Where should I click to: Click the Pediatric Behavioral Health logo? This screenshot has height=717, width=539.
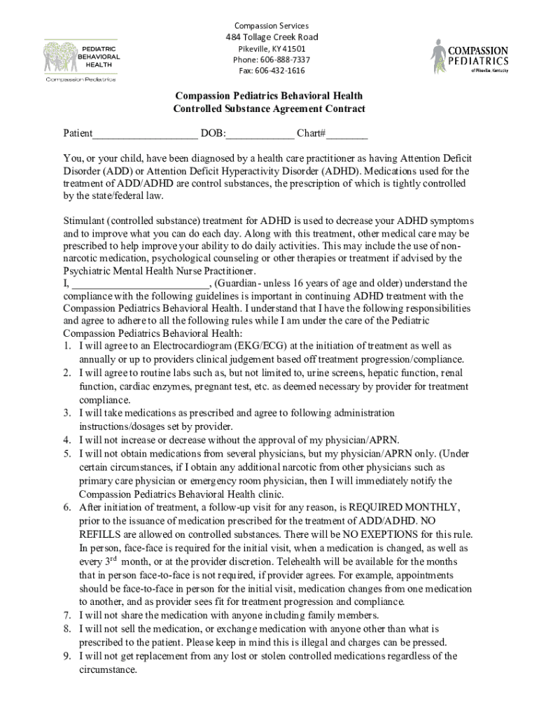(81, 60)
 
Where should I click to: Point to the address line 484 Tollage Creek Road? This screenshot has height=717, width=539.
(272, 37)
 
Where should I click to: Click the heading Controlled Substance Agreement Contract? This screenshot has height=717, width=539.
(269, 109)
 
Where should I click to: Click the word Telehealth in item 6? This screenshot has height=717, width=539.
(299, 562)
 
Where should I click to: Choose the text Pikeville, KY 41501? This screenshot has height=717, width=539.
(272, 48)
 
